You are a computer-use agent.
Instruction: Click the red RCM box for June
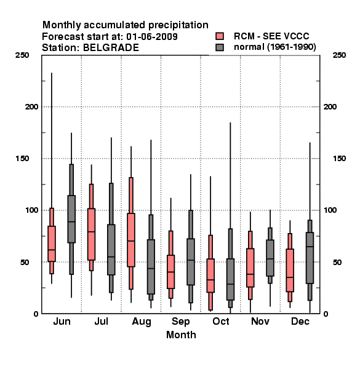point(52,244)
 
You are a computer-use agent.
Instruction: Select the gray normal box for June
point(71,219)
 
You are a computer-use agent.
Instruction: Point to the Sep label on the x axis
point(180,322)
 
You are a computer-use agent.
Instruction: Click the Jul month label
point(102,321)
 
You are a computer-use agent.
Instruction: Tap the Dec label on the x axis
point(300,321)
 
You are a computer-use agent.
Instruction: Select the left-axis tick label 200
point(31,107)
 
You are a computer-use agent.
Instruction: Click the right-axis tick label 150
point(339,159)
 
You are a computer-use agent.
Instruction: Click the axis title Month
point(181,335)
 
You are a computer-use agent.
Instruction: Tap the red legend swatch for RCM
point(220,36)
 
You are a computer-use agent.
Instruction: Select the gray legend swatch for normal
point(220,47)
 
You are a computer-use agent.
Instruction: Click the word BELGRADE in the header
point(111,48)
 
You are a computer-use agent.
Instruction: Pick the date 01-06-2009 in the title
point(152,37)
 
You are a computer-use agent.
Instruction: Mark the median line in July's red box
point(91,232)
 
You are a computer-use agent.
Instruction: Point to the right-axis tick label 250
point(339,55)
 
